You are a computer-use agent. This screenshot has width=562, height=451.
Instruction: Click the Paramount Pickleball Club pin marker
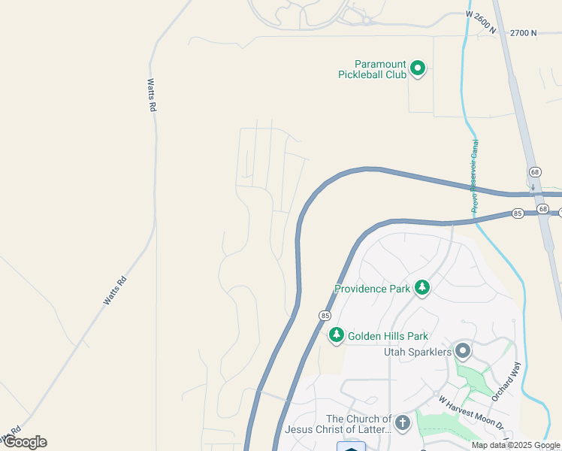(418, 69)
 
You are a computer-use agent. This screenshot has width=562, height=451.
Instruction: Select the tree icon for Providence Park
(422, 288)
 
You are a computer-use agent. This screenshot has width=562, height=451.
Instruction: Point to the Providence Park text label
(373, 289)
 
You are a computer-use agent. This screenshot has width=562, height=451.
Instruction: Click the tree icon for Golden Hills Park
(337, 336)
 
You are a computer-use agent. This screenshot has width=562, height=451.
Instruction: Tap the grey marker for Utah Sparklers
(463, 351)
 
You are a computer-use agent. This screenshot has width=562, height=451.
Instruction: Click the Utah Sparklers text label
(418, 352)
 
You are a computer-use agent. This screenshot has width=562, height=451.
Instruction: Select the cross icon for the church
(403, 423)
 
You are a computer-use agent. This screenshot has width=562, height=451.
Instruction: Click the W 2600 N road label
(482, 23)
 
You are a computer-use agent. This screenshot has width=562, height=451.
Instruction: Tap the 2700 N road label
(524, 33)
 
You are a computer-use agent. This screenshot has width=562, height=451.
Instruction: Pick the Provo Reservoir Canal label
(474, 177)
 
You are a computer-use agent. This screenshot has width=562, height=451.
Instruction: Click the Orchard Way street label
(506, 381)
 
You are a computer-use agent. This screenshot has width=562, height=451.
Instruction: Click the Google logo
(24, 442)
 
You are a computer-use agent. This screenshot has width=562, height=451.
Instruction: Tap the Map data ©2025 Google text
(516, 445)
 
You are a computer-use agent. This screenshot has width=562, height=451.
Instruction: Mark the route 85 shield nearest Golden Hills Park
(325, 315)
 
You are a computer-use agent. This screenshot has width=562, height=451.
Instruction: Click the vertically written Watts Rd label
(151, 95)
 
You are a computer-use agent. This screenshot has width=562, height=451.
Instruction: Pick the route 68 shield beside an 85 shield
(543, 207)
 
